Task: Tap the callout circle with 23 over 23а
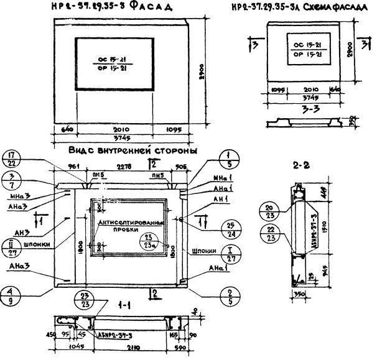(x=149, y=241)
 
